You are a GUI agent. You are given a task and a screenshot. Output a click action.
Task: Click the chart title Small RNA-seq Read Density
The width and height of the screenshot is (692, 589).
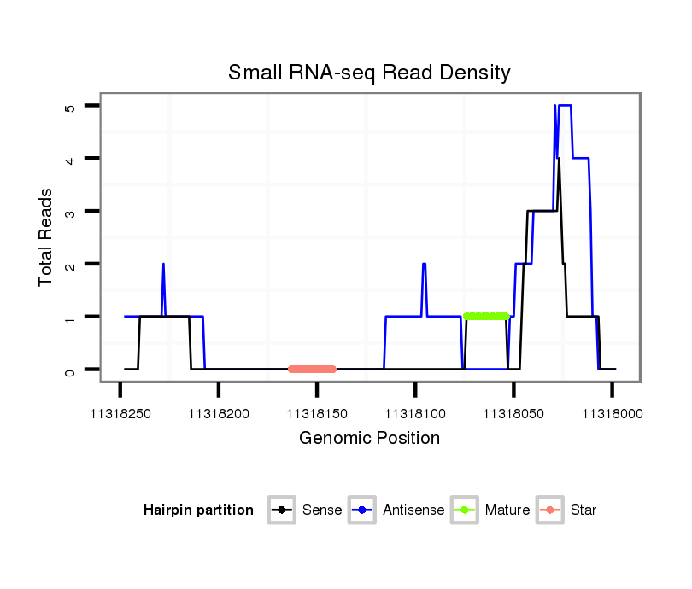pyautogui.click(x=369, y=73)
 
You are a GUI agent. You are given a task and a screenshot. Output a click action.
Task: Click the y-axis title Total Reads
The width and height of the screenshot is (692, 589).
pyautogui.click(x=47, y=236)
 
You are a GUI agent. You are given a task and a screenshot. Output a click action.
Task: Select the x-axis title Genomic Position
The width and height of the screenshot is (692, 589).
pyautogui.click(x=369, y=439)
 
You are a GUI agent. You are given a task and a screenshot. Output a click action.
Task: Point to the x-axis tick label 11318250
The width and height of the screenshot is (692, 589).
pyautogui.click(x=120, y=414)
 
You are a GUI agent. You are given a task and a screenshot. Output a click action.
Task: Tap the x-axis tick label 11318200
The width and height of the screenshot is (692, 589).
pyautogui.click(x=219, y=414)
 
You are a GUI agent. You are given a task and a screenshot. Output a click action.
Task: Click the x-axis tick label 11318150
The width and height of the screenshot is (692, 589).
pyautogui.click(x=317, y=414)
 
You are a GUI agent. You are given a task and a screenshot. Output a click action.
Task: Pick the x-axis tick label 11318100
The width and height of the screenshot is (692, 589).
pyautogui.click(x=415, y=414)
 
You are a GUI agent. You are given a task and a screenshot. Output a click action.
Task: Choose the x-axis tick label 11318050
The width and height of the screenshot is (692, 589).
pyautogui.click(x=513, y=414)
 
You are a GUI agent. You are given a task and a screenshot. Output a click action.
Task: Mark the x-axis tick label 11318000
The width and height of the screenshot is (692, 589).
pyautogui.click(x=612, y=414)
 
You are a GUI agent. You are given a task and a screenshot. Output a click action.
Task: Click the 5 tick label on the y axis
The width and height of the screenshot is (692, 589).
pyautogui.click(x=71, y=106)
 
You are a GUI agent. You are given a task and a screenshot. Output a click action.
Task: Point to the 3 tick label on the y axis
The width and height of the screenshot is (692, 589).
pyautogui.click(x=71, y=211)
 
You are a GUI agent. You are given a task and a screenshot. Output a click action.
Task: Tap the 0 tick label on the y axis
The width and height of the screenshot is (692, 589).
pyautogui.click(x=71, y=370)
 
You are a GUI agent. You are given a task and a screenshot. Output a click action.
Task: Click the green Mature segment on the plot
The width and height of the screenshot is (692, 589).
pyautogui.click(x=486, y=317)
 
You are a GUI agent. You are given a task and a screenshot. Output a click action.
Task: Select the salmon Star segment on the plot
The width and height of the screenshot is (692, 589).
pyautogui.click(x=312, y=369)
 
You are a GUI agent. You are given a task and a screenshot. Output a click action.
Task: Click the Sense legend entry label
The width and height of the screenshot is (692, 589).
pyautogui.click(x=322, y=510)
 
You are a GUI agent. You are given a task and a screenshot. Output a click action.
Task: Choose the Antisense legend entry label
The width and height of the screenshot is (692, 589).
pyautogui.click(x=413, y=510)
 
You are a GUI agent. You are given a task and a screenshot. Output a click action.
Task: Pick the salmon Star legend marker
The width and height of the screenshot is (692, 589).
pyautogui.click(x=550, y=510)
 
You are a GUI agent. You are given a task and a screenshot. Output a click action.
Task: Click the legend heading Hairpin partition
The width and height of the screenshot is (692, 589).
pyautogui.click(x=198, y=510)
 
